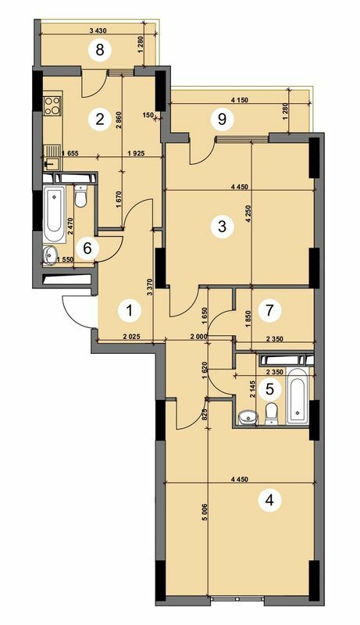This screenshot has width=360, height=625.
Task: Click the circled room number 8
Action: [x=98, y=51]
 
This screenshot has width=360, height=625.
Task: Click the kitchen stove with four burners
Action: [x=53, y=103]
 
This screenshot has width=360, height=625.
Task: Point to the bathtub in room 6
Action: [x=55, y=214]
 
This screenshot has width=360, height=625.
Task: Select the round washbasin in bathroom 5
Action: [x=248, y=417]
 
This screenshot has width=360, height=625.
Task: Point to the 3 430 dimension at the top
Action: [x=98, y=30]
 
